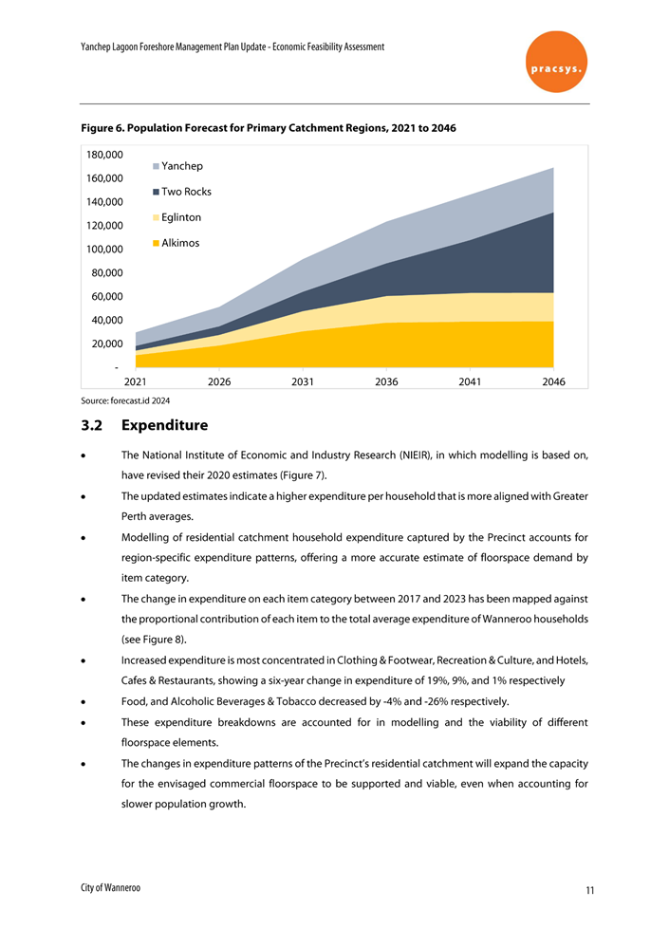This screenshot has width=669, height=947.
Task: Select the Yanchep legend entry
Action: click(x=177, y=166)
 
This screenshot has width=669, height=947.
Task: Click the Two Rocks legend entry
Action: click(x=181, y=192)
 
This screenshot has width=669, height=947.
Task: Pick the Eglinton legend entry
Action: click(x=177, y=217)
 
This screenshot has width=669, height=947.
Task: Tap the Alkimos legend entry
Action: click(x=176, y=243)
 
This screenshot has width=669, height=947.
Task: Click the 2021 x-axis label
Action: click(x=136, y=381)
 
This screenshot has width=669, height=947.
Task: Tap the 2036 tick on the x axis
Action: click(x=386, y=381)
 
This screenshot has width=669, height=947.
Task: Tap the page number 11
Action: click(x=589, y=890)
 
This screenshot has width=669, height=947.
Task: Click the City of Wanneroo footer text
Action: click(x=110, y=886)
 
